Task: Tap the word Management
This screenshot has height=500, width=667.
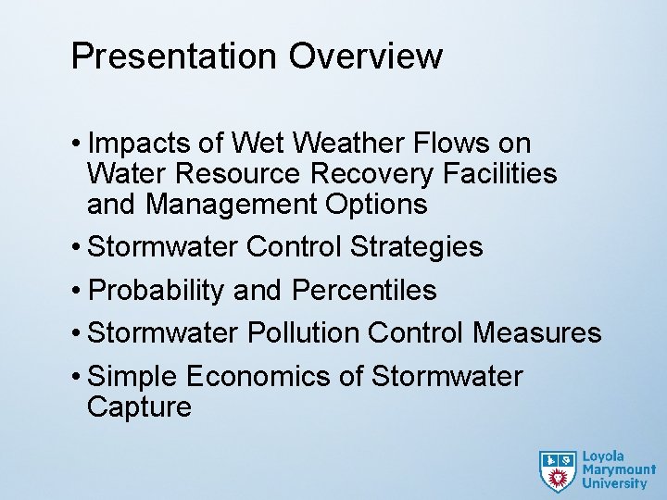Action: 232,204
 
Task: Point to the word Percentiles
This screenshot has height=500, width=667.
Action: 364,291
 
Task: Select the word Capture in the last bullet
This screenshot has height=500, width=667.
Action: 139,407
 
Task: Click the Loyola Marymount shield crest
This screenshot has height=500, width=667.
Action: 558,470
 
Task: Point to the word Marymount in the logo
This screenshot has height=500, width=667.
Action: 619,469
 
